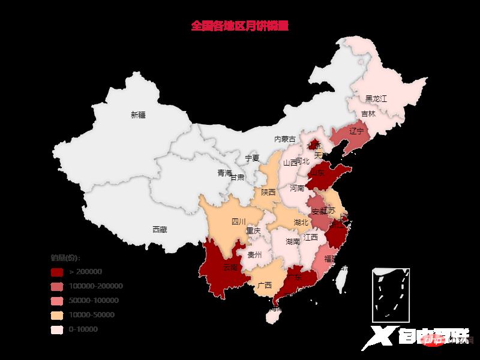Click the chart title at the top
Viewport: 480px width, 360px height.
(x=239, y=26)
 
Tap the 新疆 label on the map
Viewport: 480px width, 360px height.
(x=138, y=115)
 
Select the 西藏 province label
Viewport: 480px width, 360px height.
(x=160, y=229)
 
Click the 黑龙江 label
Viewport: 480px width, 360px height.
(x=377, y=98)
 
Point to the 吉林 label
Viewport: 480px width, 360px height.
(x=368, y=114)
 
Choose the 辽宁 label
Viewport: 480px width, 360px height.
(x=356, y=131)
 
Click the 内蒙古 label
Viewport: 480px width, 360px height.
(x=285, y=139)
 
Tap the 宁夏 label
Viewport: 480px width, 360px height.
(x=252, y=158)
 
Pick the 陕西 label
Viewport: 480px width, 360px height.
(x=268, y=193)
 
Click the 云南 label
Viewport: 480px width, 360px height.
(x=230, y=266)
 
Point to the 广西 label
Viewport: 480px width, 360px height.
(x=264, y=285)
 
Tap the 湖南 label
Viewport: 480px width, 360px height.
(x=293, y=242)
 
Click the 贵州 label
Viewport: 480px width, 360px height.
(x=254, y=255)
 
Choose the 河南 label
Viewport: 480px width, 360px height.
(x=297, y=188)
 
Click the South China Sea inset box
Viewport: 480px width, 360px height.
(x=391, y=294)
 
